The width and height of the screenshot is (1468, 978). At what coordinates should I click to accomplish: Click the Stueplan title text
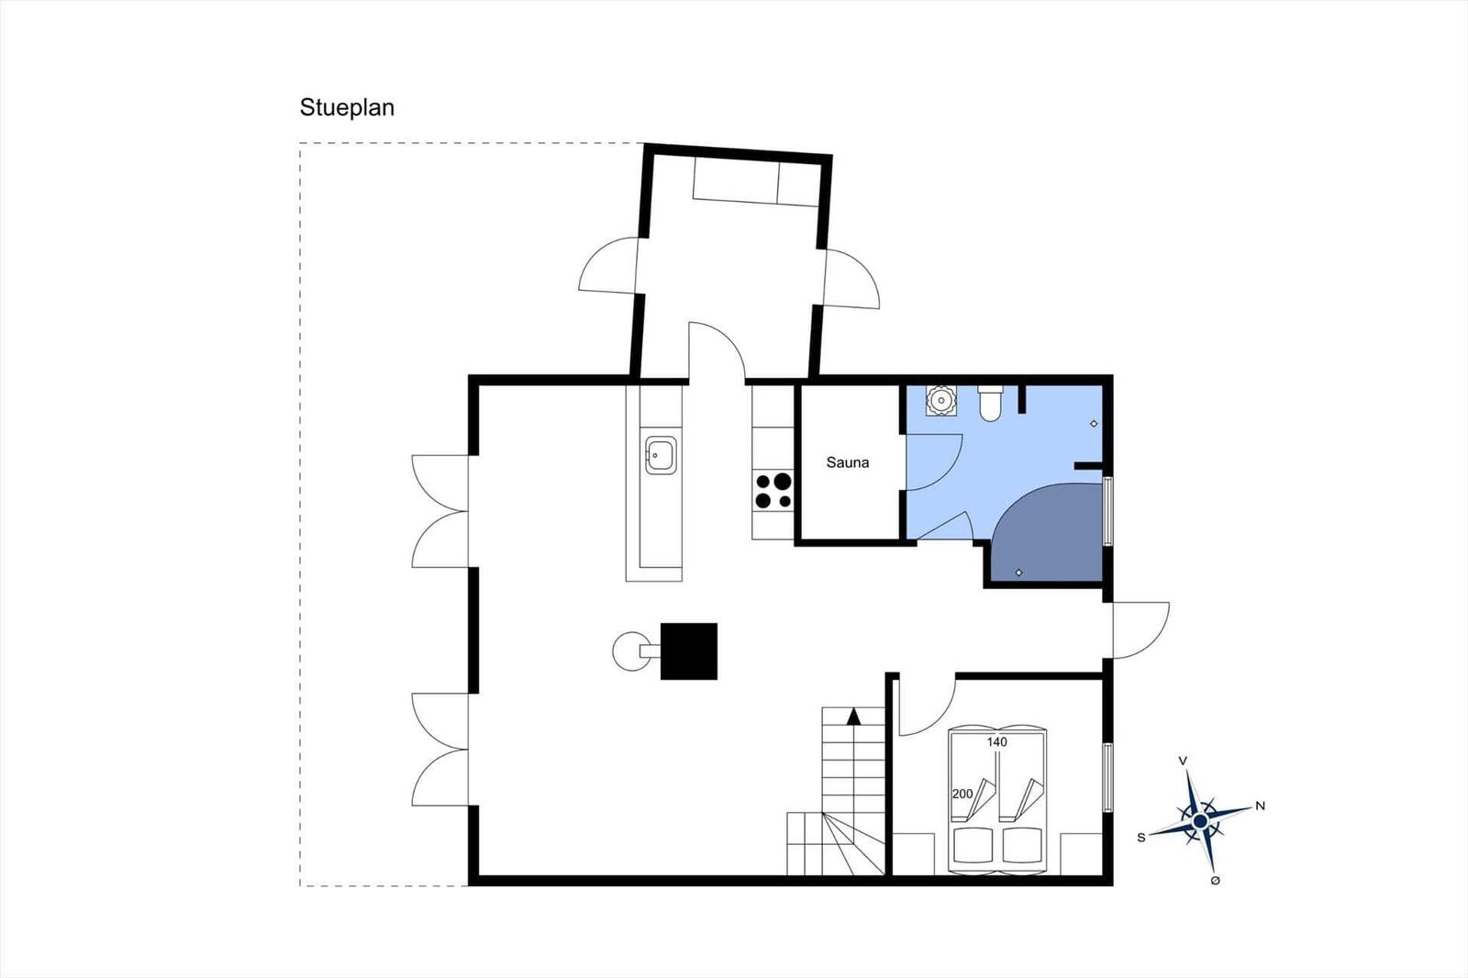pos(347,107)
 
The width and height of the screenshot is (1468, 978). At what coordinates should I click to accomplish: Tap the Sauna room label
pos(847,462)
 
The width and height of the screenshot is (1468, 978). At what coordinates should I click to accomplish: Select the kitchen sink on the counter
pos(661,455)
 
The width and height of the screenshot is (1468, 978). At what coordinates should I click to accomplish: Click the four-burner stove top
pos(773,490)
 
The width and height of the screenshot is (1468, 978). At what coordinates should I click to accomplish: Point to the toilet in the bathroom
pos(990,404)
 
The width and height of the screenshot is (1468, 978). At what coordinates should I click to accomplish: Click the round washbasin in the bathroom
pos(941,401)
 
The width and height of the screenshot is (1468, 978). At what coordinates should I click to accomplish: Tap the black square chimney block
pos(689,651)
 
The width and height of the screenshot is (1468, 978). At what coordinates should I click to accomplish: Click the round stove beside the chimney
pos(630,651)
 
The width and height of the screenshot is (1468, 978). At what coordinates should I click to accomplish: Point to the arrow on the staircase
pos(853,717)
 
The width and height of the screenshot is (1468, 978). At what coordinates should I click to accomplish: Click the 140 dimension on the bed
pos(996,741)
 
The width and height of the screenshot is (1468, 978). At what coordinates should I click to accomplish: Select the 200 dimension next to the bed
pos(962,794)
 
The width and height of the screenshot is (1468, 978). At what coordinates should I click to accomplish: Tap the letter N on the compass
pos(1260,806)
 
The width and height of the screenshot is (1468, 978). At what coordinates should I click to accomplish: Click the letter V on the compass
pos(1183,761)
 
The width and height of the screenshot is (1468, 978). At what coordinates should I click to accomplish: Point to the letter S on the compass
pos(1141,837)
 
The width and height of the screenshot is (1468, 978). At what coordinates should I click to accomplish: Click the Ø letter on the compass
pos(1215,881)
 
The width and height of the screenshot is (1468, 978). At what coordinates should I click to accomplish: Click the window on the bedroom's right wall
pos(1107,777)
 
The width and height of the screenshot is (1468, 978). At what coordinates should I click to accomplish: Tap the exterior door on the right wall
pos(1140,629)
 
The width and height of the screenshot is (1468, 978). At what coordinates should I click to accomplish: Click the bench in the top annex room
pos(754,182)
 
